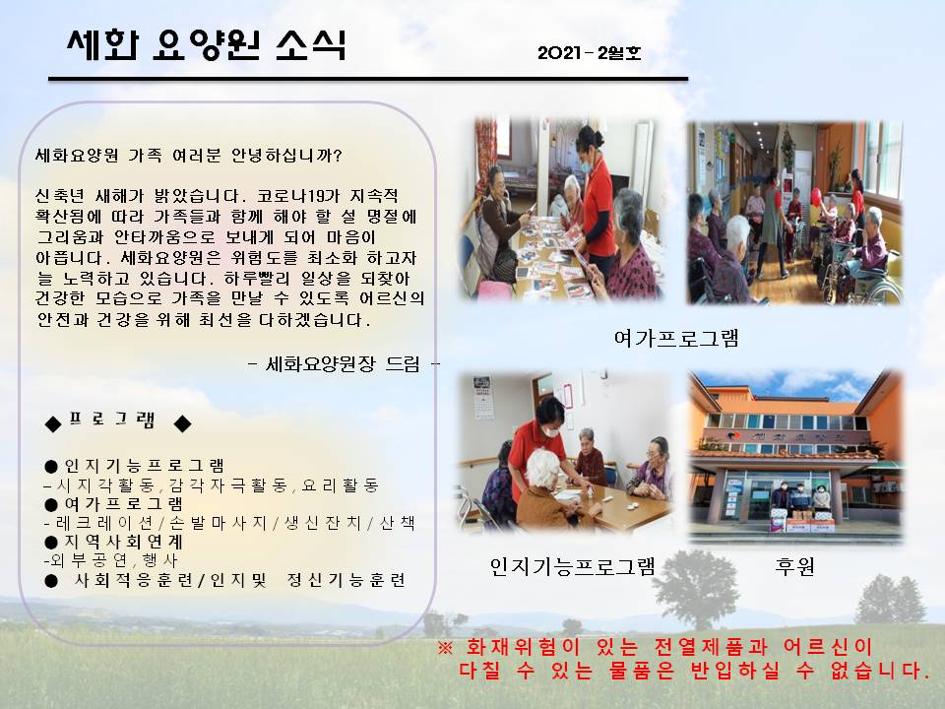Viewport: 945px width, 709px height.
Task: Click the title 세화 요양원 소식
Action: pos(206,44)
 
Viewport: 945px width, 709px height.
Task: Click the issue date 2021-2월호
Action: pos(589,53)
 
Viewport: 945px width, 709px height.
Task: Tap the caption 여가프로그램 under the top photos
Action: pos(676,338)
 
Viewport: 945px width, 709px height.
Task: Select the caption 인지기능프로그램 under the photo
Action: pos(572,566)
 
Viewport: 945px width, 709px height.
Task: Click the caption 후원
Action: pos(795,566)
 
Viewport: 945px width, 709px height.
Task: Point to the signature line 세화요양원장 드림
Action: pos(343,364)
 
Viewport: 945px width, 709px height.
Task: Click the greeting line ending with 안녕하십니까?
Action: pos(189,156)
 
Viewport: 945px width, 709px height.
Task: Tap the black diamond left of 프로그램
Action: pos(53,424)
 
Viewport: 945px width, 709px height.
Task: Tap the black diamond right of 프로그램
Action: pos(183,424)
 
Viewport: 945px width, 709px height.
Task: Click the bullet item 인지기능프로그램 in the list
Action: pos(144,466)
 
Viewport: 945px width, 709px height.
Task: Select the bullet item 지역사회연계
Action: pos(124,542)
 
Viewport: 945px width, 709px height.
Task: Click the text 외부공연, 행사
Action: pos(111,560)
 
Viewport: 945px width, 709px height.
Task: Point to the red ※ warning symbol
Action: pos(445,648)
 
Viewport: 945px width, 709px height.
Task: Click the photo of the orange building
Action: pos(795,456)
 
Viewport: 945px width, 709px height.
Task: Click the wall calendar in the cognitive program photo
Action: pos(482,397)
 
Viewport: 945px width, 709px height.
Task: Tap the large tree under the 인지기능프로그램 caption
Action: pos(697,588)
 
